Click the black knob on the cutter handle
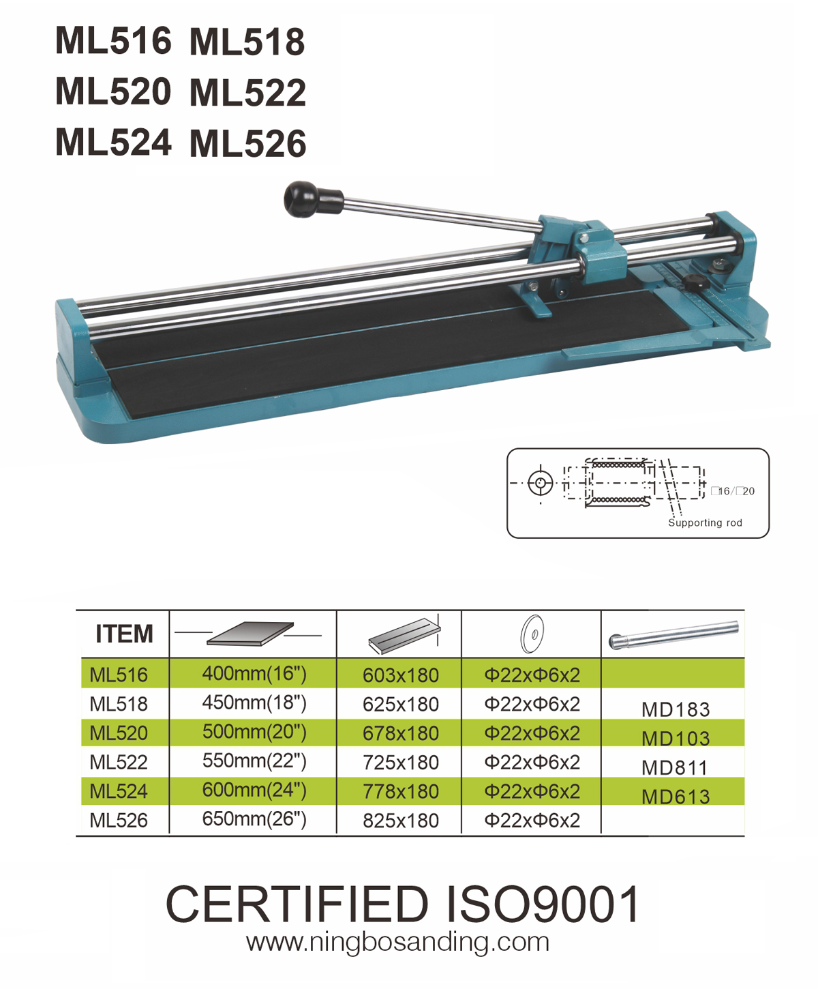pyautogui.click(x=301, y=199)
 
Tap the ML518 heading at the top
pyautogui.click(x=247, y=42)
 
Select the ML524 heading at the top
pyautogui.click(x=113, y=142)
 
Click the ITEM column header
pyautogui.click(x=125, y=634)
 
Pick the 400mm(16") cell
pyautogui.click(x=254, y=673)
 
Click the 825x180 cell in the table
pyautogui.click(x=401, y=821)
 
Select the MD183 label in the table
pyautogui.click(x=676, y=709)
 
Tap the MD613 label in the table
pyautogui.click(x=676, y=797)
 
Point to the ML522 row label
pyautogui.click(x=119, y=762)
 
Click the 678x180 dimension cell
pyautogui.click(x=401, y=733)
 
